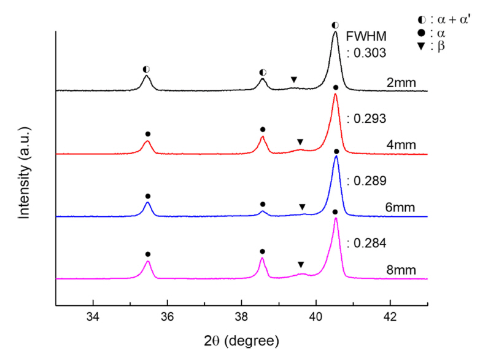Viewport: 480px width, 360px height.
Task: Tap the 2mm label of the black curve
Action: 400,80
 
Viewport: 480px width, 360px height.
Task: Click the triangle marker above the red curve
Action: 300,142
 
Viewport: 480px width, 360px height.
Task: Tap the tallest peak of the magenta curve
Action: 335,219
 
